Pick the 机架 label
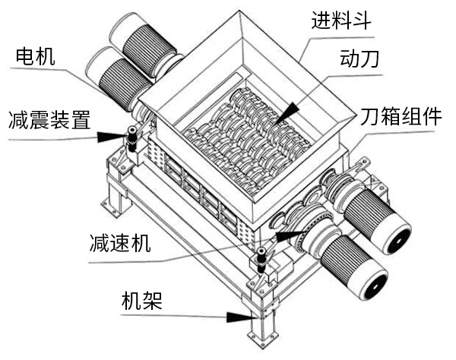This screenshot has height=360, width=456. point(141,299)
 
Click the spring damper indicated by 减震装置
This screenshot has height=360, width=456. point(132,139)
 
